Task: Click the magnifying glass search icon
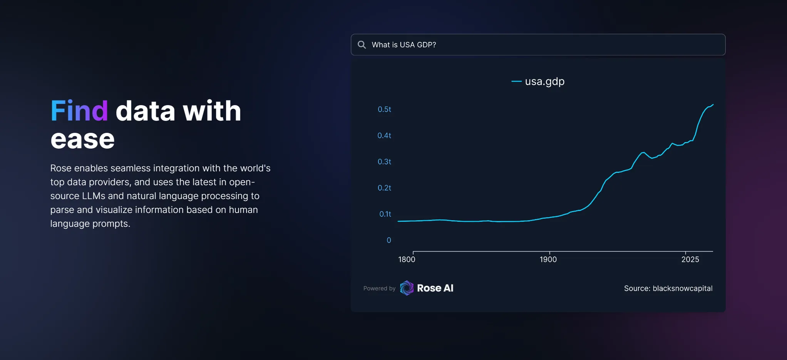click(x=362, y=45)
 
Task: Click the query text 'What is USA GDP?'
click(x=404, y=45)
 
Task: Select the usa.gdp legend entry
click(x=538, y=81)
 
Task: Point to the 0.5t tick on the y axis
click(x=384, y=109)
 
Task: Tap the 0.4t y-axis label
click(x=384, y=136)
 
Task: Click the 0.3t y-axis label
click(x=384, y=162)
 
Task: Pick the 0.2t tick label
click(x=384, y=188)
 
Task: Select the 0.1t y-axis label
click(x=385, y=214)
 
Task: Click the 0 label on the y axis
click(x=389, y=240)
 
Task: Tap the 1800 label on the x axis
click(x=407, y=260)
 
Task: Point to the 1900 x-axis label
click(x=548, y=260)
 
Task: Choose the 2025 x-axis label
click(x=690, y=260)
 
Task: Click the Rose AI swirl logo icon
click(x=407, y=288)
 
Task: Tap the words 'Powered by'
click(x=379, y=288)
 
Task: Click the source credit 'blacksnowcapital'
click(x=683, y=288)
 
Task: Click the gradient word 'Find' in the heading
click(x=79, y=111)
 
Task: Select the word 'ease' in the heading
click(x=83, y=139)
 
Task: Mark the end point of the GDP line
click(x=713, y=104)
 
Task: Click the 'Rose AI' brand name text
click(x=435, y=288)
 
